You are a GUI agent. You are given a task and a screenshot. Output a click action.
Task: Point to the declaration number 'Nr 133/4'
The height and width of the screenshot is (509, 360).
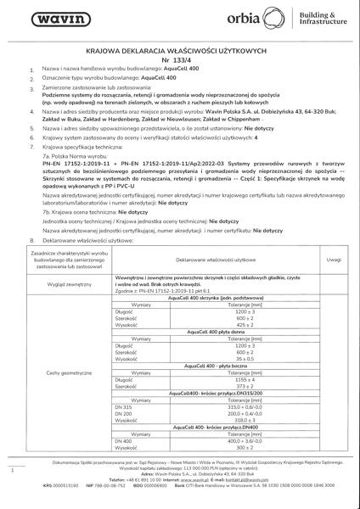pyautogui.click(x=179, y=60)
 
